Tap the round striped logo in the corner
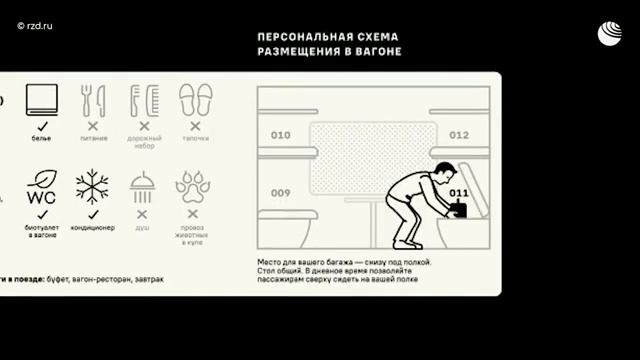click(x=610, y=33)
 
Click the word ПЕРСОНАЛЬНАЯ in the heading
click(x=296, y=35)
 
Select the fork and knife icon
click(x=92, y=100)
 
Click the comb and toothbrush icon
click(x=143, y=100)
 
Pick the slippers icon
click(x=194, y=100)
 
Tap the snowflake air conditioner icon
click(x=92, y=188)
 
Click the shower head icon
click(x=142, y=188)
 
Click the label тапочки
click(x=194, y=138)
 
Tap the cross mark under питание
click(x=92, y=126)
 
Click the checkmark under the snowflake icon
click(x=92, y=214)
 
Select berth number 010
click(x=280, y=135)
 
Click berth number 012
click(x=459, y=135)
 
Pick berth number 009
click(x=280, y=193)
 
